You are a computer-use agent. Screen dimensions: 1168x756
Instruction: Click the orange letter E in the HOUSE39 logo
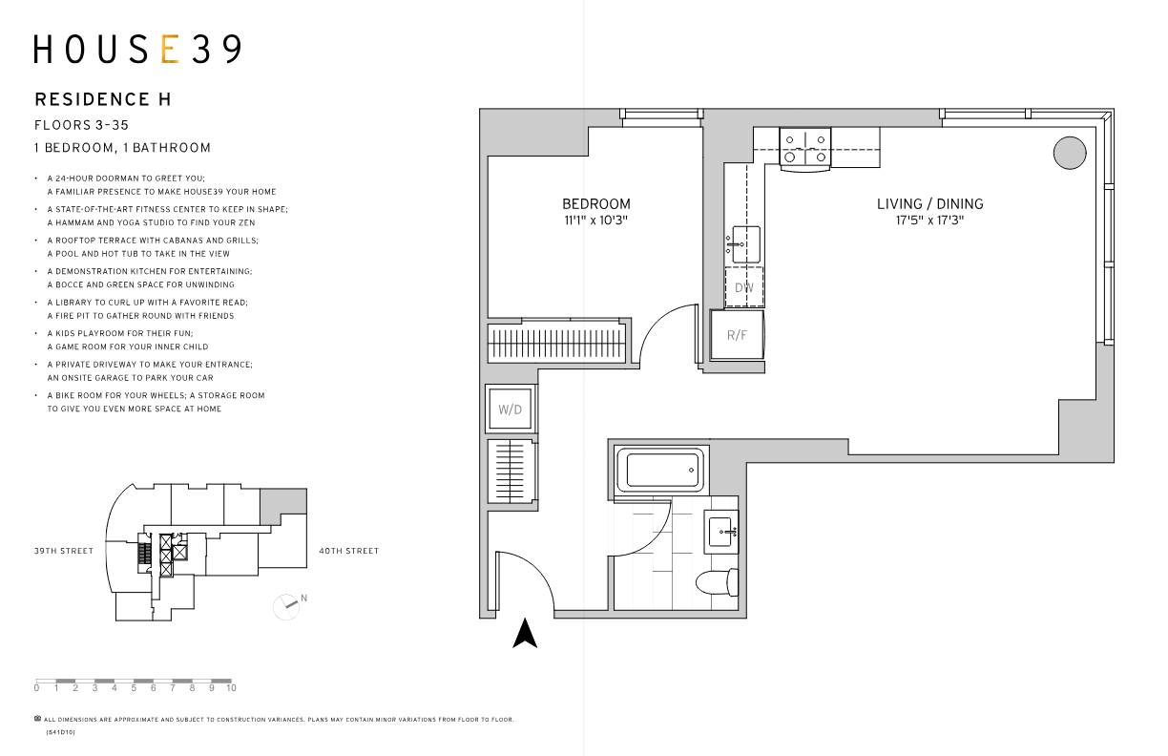[x=171, y=49]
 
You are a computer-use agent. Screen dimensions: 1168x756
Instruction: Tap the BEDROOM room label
[x=596, y=204]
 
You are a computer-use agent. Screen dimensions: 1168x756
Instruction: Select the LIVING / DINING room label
[x=929, y=204]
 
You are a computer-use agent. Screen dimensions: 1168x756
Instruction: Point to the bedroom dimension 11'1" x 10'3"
[x=596, y=220]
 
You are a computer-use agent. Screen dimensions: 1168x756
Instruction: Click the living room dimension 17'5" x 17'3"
[x=929, y=220]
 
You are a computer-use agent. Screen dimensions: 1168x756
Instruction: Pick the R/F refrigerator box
[x=737, y=334]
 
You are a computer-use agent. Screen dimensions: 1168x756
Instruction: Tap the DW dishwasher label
[x=744, y=287]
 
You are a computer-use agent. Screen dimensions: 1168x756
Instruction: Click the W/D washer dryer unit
[x=511, y=409]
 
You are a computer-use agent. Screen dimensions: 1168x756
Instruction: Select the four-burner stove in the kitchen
[x=805, y=148]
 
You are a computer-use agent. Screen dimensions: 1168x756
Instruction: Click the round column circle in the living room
[x=1070, y=153]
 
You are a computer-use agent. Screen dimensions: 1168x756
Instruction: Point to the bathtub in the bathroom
[x=661, y=470]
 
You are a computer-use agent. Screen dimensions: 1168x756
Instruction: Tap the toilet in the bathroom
[x=718, y=581]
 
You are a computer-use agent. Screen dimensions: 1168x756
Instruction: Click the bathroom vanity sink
[x=721, y=532]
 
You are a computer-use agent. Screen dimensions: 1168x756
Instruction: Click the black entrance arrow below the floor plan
[x=525, y=633]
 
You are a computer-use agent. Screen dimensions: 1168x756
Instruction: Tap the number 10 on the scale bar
[x=231, y=688]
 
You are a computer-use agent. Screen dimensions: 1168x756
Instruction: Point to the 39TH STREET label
[x=64, y=551]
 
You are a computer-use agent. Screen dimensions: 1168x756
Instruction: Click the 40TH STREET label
[x=349, y=551]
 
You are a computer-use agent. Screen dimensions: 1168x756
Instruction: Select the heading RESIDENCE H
[x=103, y=99]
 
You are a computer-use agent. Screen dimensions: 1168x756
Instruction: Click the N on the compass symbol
[x=304, y=598]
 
